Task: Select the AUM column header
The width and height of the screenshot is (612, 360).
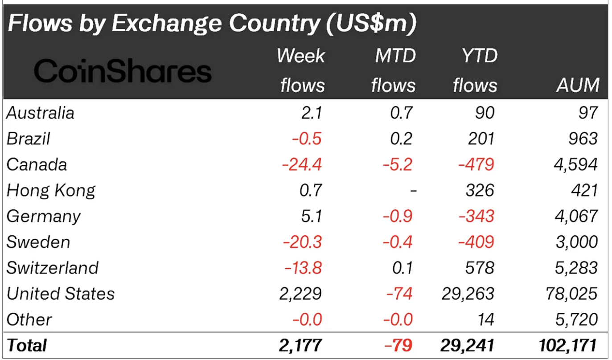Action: (x=578, y=85)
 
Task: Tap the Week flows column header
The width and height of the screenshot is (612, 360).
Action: (x=302, y=70)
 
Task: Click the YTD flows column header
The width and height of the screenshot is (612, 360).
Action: (x=475, y=70)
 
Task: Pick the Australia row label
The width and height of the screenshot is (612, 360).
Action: (x=40, y=113)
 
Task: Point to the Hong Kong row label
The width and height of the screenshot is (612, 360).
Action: (x=51, y=191)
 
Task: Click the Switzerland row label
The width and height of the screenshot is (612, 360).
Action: (x=52, y=268)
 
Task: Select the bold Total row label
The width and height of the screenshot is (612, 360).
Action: (x=27, y=345)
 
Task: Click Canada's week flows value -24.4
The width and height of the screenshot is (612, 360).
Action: (x=302, y=165)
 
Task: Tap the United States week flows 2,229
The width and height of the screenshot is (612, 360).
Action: (x=302, y=294)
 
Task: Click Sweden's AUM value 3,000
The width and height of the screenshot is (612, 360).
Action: (x=578, y=242)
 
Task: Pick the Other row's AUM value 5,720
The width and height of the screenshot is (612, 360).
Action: (x=578, y=319)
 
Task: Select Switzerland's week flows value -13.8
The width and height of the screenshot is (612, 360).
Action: (x=303, y=268)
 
